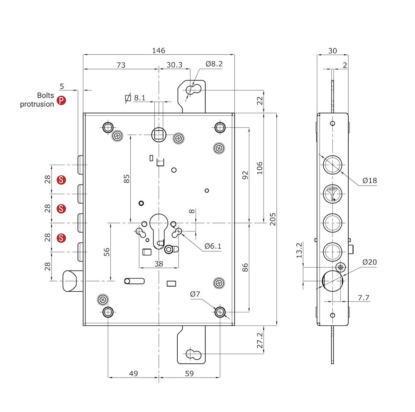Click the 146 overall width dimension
click(x=159, y=51)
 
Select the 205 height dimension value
click(x=273, y=219)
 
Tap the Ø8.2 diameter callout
click(x=214, y=64)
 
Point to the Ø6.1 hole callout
click(x=213, y=246)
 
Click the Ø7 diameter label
click(x=195, y=294)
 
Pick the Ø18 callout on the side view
click(x=369, y=180)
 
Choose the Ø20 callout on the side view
click(x=369, y=262)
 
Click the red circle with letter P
click(x=61, y=100)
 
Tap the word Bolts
click(x=46, y=95)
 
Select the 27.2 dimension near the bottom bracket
click(x=260, y=340)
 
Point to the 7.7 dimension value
click(x=363, y=297)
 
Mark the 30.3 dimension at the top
click(x=174, y=65)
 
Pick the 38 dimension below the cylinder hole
click(x=159, y=263)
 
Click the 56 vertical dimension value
click(x=107, y=252)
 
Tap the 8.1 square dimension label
click(x=139, y=98)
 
